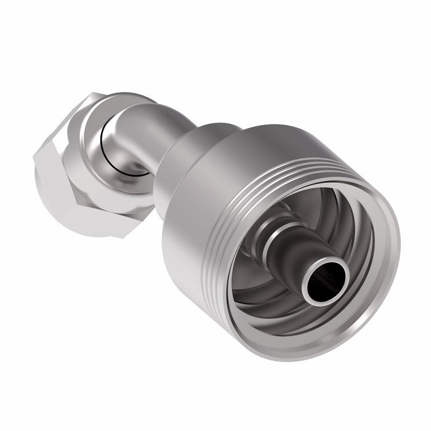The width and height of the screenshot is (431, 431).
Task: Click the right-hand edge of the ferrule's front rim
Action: pyautogui.click(x=394, y=259)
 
